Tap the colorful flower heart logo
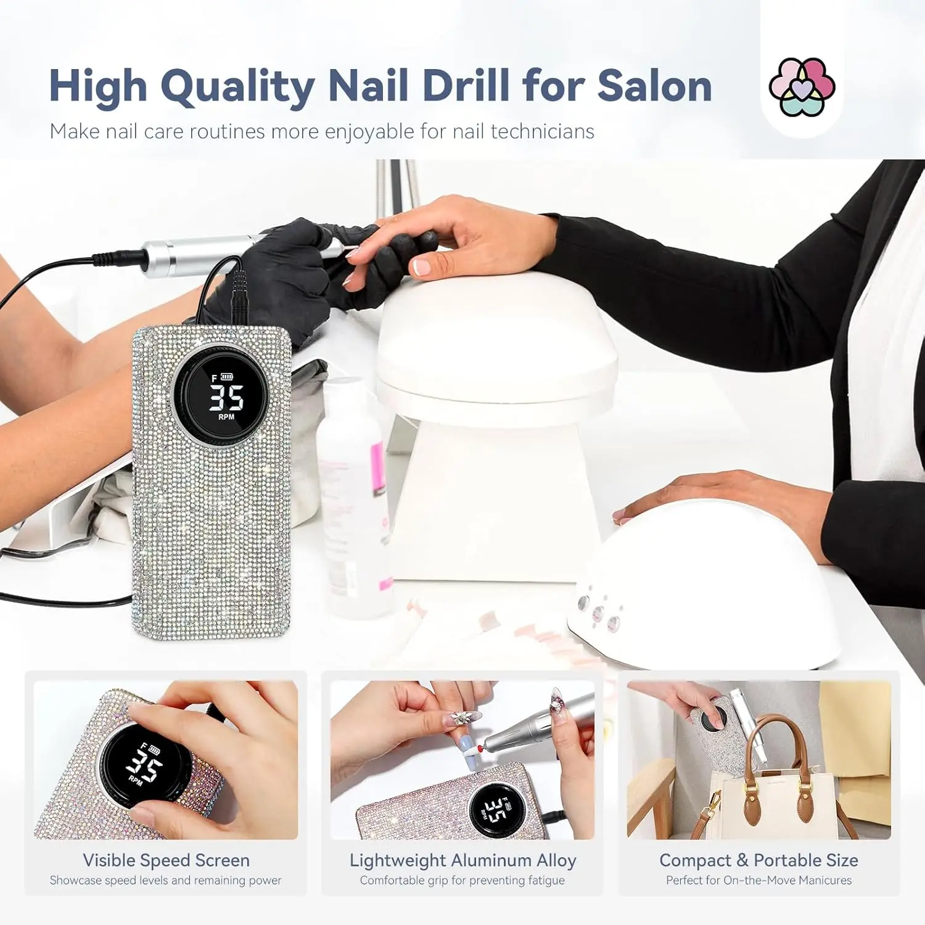click(802, 87)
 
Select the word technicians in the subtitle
click(543, 131)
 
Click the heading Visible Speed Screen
click(166, 860)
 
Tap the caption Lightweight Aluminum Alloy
click(462, 860)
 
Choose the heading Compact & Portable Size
click(758, 860)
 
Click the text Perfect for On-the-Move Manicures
click(758, 880)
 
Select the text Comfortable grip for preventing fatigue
click(462, 880)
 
